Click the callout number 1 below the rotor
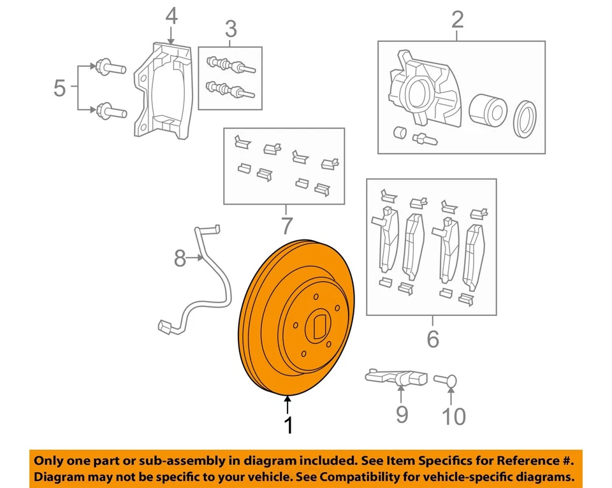pyautogui.click(x=288, y=425)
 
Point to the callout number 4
pyautogui.click(x=171, y=17)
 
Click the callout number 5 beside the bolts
pyautogui.click(x=59, y=88)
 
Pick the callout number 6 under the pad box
pyautogui.click(x=433, y=339)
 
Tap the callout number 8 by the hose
pyautogui.click(x=180, y=258)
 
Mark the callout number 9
pyautogui.click(x=402, y=415)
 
